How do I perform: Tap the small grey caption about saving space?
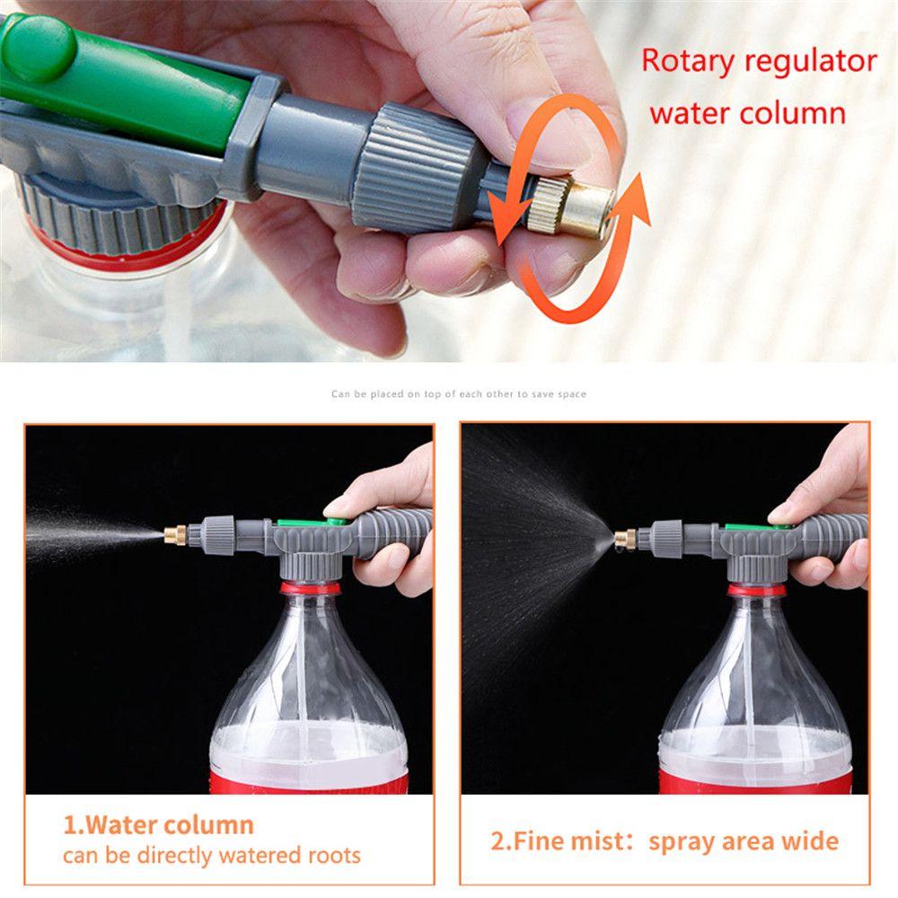pos(459,394)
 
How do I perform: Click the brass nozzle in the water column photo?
pos(171,535)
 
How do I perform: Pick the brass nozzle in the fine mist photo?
pos(624,539)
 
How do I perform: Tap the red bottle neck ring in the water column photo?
pos(310,589)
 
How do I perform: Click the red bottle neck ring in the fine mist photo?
pos(756,590)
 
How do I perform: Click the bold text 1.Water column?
pos(158,825)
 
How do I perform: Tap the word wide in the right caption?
pos(807,841)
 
